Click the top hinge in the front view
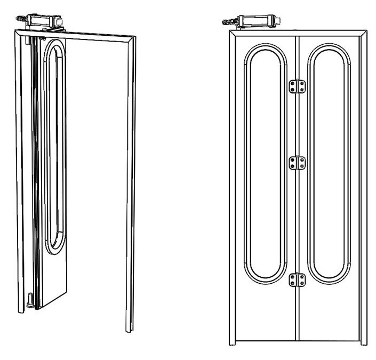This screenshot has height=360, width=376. pyautogui.click(x=297, y=86)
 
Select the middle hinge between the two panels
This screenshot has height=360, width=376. pyautogui.click(x=297, y=163)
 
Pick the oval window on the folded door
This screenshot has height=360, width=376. pyautogui.click(x=55, y=149)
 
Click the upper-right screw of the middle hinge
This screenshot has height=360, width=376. pyautogui.click(x=302, y=159)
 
